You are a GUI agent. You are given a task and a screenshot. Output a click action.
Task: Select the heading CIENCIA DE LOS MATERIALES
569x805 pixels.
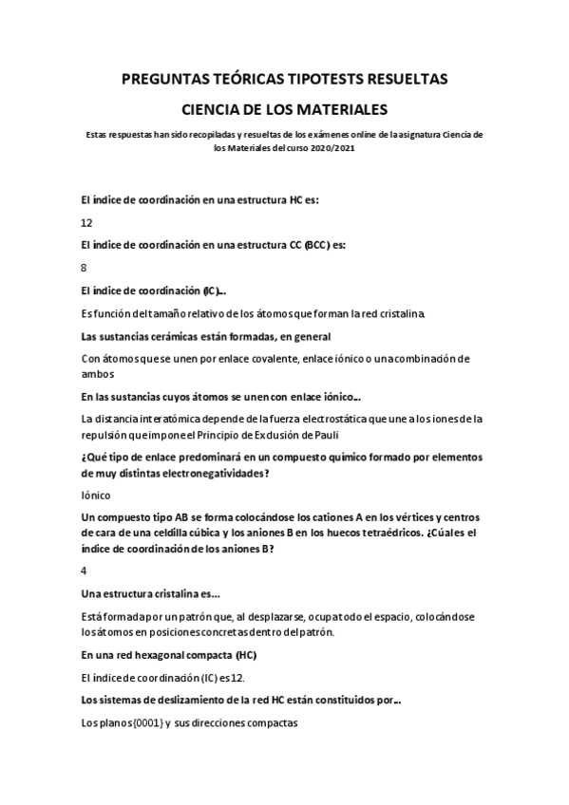(284, 109)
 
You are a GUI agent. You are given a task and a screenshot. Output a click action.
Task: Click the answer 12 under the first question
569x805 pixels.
(86, 222)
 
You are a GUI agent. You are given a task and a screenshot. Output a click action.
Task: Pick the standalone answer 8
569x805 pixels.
(84, 268)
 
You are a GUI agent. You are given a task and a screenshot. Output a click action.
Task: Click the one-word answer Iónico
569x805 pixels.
(96, 495)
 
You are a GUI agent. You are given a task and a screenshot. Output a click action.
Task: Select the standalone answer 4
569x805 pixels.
(84, 571)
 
